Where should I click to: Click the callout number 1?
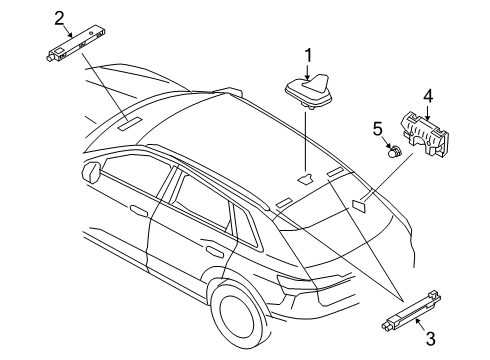point(308,56)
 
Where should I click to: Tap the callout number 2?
point(59,19)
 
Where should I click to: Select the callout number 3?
point(431,339)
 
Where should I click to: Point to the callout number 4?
point(428,96)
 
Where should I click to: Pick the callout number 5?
point(377,129)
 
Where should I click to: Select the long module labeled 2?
point(76,42)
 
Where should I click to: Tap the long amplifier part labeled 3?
point(412,311)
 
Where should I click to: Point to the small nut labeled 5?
point(395,152)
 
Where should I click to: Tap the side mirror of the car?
point(91,171)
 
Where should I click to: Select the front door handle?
point(139,210)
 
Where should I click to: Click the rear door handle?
point(215,250)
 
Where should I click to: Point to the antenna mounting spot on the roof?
point(305,179)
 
